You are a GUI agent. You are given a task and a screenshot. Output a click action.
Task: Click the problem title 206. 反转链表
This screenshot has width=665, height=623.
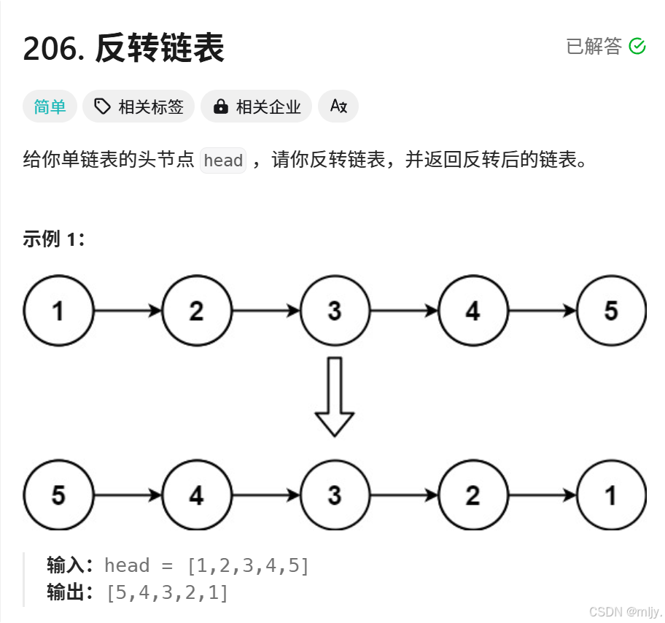[123, 49]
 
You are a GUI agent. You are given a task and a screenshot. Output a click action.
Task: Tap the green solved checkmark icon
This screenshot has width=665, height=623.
[637, 46]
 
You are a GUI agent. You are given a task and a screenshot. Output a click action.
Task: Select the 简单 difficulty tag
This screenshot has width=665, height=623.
[50, 107]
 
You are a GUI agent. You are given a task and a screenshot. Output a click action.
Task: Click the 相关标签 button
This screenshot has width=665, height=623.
[139, 107]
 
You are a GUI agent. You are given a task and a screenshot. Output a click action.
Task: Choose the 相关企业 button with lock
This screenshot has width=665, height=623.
[257, 107]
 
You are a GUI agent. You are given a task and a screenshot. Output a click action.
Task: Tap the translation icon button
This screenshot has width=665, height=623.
[338, 107]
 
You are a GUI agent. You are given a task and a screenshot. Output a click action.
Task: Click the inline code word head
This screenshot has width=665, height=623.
[223, 160]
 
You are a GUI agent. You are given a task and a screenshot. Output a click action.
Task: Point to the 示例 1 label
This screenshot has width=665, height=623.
[54, 239]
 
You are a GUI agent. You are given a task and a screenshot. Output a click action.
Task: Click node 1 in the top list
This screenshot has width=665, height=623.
[58, 311]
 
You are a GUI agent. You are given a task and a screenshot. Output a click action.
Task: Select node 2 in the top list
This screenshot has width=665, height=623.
[196, 311]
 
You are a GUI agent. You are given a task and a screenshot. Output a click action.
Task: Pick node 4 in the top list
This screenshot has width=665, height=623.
[472, 311]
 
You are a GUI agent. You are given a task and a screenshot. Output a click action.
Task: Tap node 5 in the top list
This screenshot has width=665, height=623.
[611, 311]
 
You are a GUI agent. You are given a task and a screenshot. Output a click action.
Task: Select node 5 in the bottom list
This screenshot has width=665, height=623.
[58, 495]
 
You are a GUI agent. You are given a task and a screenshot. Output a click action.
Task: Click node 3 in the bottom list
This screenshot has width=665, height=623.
[335, 495]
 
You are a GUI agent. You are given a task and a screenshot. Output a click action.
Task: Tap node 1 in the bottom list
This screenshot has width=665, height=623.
[611, 495]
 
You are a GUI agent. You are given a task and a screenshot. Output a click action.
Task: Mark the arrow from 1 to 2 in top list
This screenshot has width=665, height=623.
[128, 311]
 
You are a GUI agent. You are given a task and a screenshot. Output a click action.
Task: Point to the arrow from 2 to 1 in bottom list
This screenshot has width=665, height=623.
[542, 495]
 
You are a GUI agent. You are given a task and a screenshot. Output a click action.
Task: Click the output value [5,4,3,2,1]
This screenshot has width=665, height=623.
[167, 592]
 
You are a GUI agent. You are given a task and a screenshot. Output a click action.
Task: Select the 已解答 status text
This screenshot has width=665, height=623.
[594, 46]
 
